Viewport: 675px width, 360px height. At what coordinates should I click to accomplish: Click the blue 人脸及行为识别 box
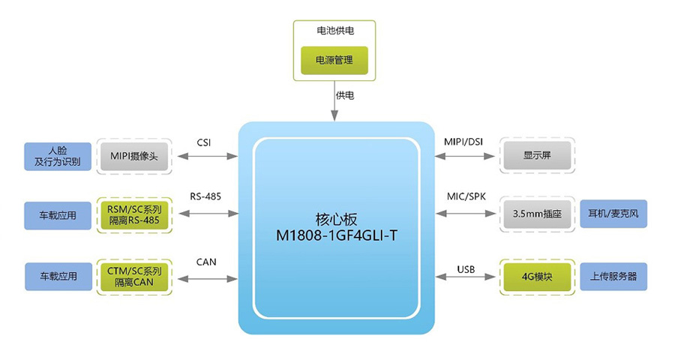click(x=57, y=156)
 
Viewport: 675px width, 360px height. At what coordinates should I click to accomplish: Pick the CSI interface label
click(x=204, y=142)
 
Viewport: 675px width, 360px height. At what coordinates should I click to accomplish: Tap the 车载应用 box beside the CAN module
click(x=57, y=276)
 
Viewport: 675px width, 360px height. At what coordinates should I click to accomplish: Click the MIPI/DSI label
click(x=466, y=142)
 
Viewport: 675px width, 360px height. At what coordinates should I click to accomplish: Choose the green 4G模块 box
click(x=537, y=276)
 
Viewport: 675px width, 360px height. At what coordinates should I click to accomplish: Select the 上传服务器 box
click(x=613, y=276)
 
